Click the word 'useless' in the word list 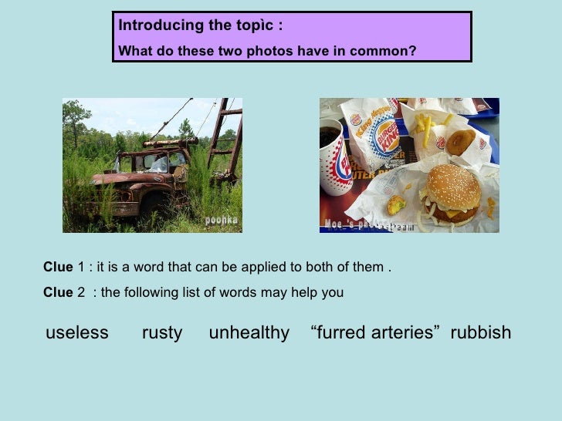77,333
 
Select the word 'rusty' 162,333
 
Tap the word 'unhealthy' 249,333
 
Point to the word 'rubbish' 480,333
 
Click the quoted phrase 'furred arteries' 375,333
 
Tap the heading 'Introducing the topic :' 201,25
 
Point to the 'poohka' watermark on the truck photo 221,221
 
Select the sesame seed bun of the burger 454,187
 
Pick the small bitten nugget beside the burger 396,205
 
